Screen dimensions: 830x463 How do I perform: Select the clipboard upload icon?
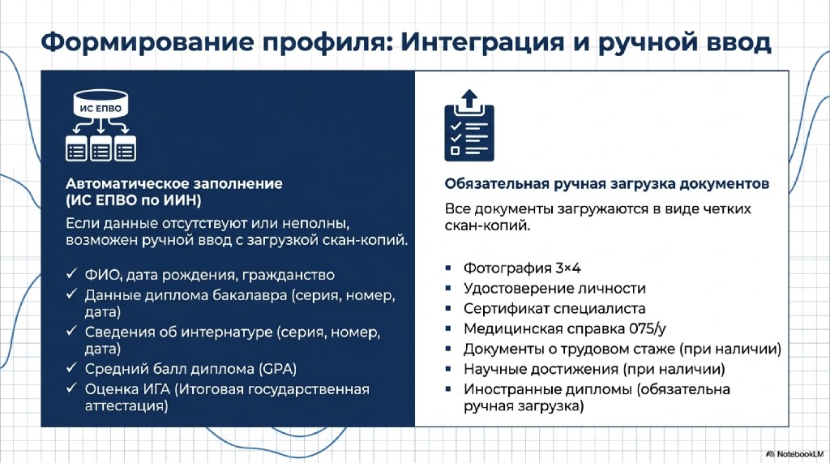469,126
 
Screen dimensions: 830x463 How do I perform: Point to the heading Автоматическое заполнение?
174,184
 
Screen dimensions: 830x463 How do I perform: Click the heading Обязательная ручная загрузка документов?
606,184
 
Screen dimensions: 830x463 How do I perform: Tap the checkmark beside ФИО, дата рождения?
71,274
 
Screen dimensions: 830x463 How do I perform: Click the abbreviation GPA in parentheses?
277,369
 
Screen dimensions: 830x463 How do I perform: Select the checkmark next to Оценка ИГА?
71,388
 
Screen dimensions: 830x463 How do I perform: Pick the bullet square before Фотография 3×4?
448,268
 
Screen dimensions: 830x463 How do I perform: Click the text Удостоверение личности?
554,288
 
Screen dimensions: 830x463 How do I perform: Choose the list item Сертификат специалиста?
554,308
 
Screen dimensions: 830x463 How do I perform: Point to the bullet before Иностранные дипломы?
448,389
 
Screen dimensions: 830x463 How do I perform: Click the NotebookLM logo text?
800,454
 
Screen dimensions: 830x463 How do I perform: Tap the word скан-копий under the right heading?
487,225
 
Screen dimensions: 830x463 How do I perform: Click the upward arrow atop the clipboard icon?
469,99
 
